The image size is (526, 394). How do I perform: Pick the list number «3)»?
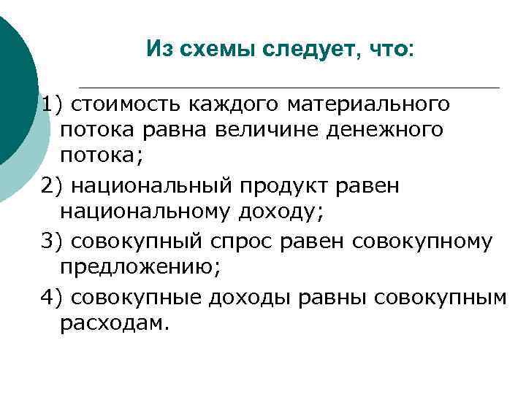tap(53, 241)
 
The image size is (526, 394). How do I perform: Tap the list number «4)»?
tap(53, 296)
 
